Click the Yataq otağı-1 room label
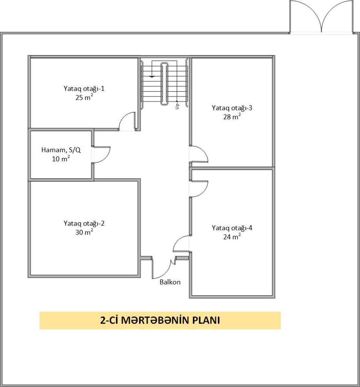[x=84, y=89]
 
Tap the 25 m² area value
[x=84, y=97]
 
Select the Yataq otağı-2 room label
[x=84, y=223]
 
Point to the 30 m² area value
[x=84, y=232]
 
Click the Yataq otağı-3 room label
[x=232, y=108]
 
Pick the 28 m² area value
[x=232, y=116]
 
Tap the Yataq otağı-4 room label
[x=232, y=228]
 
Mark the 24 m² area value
[x=232, y=236]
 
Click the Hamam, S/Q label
[x=61, y=150]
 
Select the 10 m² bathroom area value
[x=61, y=158]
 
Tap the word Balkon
[x=170, y=282]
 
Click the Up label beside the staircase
[x=177, y=106]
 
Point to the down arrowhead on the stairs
[x=152, y=76]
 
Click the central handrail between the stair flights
[x=164, y=84]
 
